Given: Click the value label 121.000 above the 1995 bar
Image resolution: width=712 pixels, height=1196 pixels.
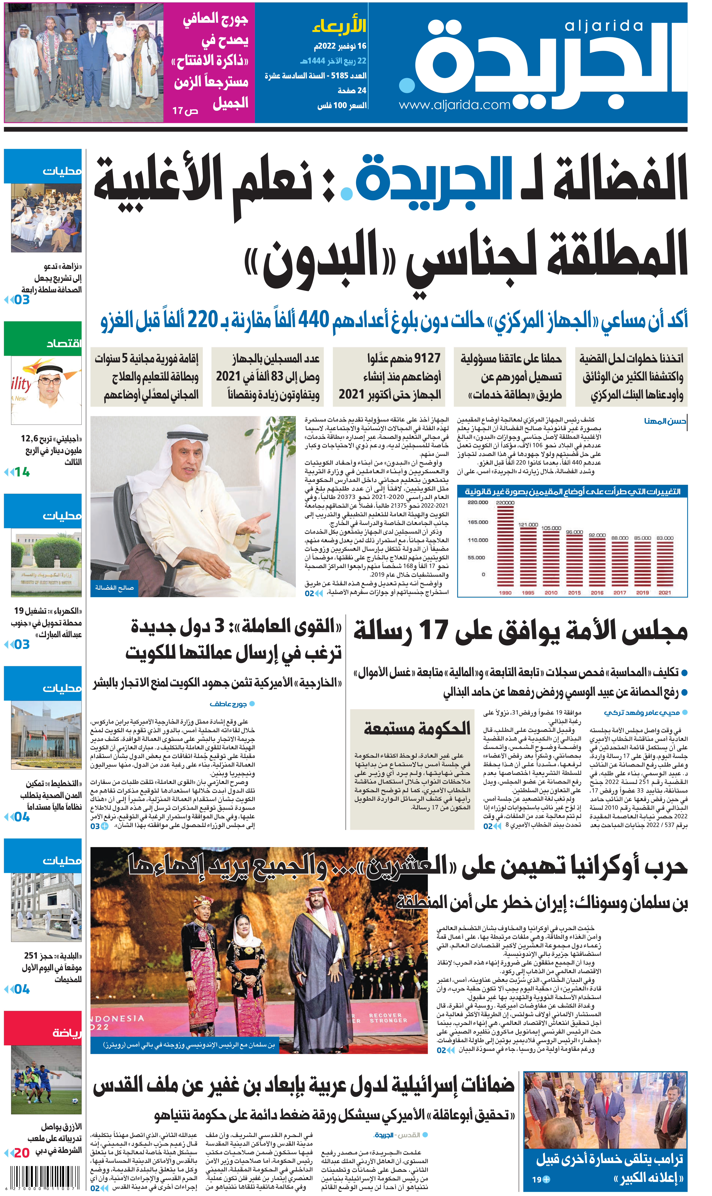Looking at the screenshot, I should tap(528, 525).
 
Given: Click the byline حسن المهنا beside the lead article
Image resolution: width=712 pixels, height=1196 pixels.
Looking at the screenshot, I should tap(664, 421).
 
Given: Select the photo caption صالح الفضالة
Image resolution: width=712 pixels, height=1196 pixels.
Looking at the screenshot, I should tap(114, 587).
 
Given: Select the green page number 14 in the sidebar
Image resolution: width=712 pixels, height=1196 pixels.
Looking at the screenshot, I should tap(22, 472).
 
